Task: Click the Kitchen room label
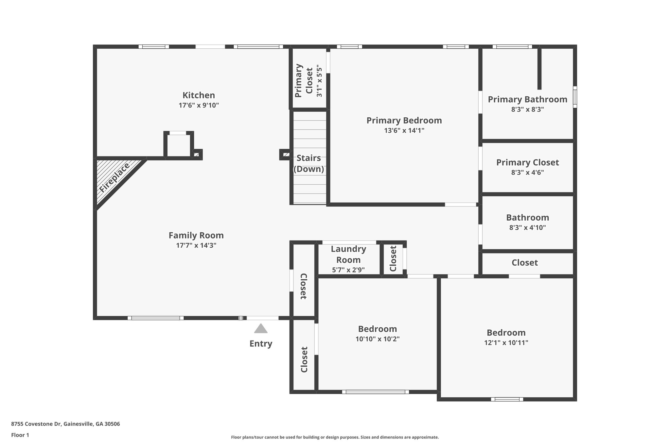pos(199,95)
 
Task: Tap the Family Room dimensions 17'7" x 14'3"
pos(196,245)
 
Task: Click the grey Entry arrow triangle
pos(261,328)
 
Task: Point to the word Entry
pos(261,344)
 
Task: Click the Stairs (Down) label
pos(309,164)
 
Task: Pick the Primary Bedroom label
pos(404,121)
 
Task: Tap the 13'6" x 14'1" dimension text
pos(404,131)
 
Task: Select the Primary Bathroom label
pos(527,100)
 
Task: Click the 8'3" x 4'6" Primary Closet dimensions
pos(527,173)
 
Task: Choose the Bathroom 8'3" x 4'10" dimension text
pos(527,228)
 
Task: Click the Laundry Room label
pos(348,255)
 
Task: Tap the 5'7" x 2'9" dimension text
pos(348,270)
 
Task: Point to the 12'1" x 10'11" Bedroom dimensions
pos(506,343)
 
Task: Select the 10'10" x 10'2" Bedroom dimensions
pos(378,339)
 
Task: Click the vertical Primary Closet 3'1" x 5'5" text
pos(309,81)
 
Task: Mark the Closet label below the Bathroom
pos(525,263)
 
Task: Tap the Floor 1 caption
pos(20,435)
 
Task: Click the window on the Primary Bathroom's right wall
pos(575,97)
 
